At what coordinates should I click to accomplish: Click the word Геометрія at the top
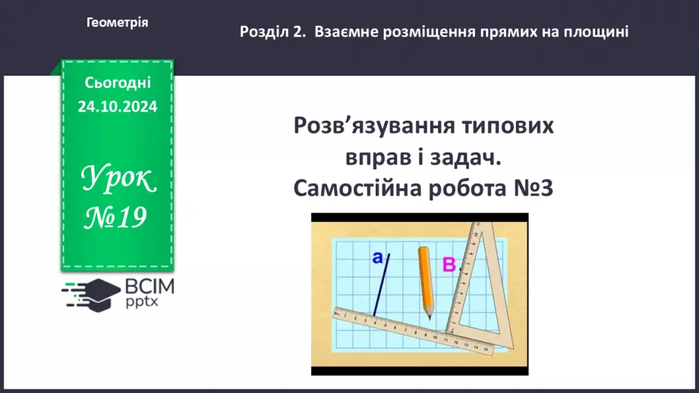point(118,23)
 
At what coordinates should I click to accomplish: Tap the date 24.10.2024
point(117,107)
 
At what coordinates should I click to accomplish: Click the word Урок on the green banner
point(117,180)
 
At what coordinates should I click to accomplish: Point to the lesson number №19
point(116,218)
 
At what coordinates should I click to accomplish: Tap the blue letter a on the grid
point(377,258)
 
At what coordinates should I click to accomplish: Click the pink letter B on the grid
point(449,265)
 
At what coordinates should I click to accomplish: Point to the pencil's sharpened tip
point(430,315)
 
